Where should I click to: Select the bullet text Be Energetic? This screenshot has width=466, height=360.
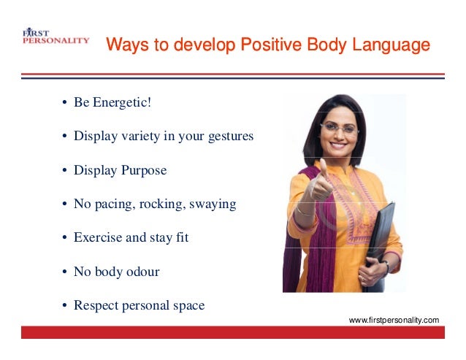click(112, 102)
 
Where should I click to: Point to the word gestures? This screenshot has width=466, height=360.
click(226, 137)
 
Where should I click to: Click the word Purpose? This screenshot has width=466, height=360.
click(142, 170)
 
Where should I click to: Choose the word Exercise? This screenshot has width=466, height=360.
click(98, 237)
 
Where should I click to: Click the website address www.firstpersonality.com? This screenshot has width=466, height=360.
click(394, 320)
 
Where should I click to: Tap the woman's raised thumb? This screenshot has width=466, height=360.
click(323, 169)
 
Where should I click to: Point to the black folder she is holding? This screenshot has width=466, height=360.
click(380, 241)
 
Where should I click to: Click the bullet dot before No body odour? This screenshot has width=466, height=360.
click(64, 272)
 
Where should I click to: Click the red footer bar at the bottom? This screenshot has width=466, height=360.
click(232, 332)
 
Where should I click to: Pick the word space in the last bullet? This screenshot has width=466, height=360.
click(188, 305)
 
